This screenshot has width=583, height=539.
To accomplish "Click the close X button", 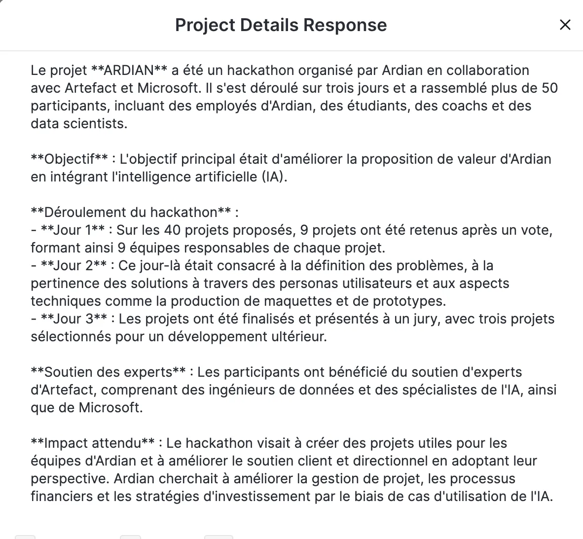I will point(565,25).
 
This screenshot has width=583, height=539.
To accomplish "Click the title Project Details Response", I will point(281,25).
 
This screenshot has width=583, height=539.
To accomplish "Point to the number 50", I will point(549,88).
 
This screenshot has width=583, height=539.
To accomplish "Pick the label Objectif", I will point(69,159).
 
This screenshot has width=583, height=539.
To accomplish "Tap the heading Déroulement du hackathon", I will point(131,213).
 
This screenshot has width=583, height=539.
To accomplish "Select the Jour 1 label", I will point(73,230).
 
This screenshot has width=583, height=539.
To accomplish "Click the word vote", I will point(535,230).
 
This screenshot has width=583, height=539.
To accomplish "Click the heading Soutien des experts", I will point(108,372).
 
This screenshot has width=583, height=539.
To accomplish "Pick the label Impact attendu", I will point(93,443).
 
